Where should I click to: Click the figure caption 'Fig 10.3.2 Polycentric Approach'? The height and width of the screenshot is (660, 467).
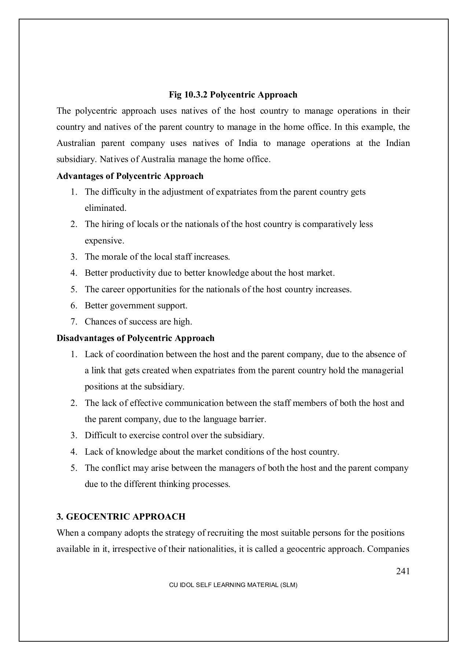coord(233,95)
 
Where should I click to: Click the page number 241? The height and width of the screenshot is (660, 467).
coord(403,571)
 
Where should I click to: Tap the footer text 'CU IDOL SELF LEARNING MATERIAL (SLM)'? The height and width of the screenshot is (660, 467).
coord(233,585)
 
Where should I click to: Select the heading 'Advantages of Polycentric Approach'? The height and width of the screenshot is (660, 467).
coord(130,176)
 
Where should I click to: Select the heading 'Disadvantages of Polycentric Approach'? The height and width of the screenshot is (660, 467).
coord(135,338)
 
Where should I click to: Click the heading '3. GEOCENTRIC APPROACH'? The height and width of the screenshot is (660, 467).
coord(121,517)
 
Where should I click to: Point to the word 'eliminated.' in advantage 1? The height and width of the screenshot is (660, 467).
coord(105,208)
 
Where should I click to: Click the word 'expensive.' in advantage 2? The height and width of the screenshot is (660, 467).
coord(105,241)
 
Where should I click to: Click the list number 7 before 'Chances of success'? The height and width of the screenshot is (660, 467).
coord(73,322)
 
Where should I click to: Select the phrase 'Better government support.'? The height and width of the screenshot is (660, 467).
coord(136,306)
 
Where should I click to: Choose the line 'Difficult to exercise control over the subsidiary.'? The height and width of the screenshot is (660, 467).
coord(174,436)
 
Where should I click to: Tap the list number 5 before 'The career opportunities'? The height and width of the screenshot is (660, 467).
coord(73,290)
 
